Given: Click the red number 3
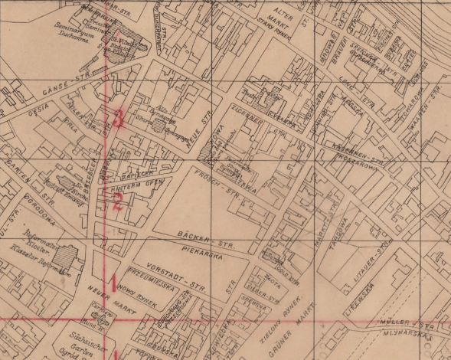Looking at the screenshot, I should point(117,118).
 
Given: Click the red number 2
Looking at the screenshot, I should point(117,202).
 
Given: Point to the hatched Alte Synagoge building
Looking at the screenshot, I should point(162,126).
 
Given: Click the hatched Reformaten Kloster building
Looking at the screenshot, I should point(70,255).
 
